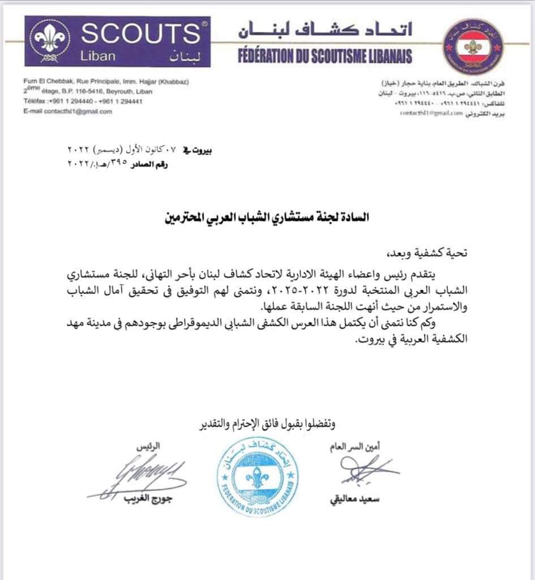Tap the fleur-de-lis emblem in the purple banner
coord(49,40)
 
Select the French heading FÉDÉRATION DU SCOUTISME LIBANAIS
coord(324,56)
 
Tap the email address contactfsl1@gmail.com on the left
coord(68,112)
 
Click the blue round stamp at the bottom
coord(258,479)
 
